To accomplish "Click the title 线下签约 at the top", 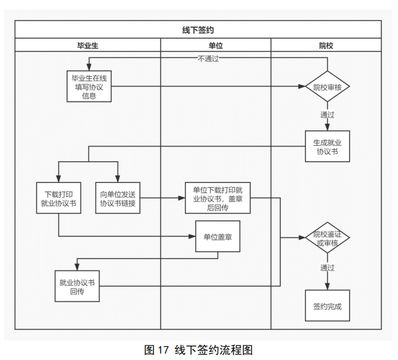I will (198, 30).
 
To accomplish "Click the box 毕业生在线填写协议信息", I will (89, 87).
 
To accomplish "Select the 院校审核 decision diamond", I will (327, 87).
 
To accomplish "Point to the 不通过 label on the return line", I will (208, 58).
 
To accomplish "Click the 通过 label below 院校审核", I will (327, 115).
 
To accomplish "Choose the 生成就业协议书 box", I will (327, 147).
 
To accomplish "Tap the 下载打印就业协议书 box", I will (59, 198).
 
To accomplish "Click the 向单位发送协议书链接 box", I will (118, 198).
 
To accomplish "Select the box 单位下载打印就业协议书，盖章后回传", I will (217, 198).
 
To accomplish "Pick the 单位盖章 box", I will (217, 236).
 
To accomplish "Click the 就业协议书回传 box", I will (77, 286).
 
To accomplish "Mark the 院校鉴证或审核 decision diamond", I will (327, 238).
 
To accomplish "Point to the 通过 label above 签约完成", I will (327, 268).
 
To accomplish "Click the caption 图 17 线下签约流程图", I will (198, 350).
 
